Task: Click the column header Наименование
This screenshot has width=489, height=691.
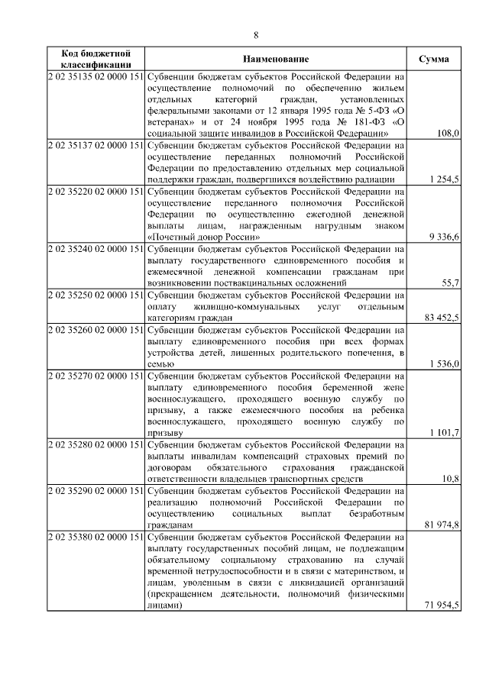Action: (276, 59)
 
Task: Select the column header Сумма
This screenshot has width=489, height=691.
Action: (434, 59)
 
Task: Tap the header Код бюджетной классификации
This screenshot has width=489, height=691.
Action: (96, 59)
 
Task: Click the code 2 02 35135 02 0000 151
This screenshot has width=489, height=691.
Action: (96, 77)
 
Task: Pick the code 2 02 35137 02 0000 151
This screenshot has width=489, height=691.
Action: (96, 144)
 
